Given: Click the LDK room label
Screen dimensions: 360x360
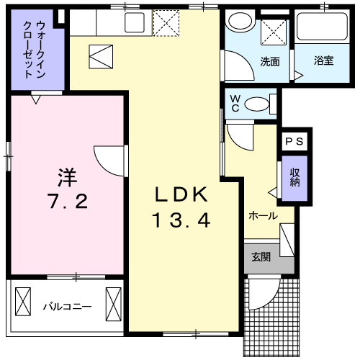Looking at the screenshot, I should pos(182,194).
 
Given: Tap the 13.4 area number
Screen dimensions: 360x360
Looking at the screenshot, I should pos(181,221).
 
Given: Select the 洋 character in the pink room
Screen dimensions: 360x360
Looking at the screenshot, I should pos(67,175).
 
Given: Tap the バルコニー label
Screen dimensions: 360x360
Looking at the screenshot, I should pos(66,307).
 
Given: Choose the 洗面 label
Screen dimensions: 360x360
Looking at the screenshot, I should pos(269,60).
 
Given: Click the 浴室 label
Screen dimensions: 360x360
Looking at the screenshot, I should pos(323,60).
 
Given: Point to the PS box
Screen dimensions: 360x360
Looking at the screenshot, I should pos(293,142).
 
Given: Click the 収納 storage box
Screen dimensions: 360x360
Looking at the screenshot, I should pos(294,177).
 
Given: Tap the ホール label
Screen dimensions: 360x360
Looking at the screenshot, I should pos(263,215).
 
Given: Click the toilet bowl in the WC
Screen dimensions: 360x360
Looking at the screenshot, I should pos(255,104).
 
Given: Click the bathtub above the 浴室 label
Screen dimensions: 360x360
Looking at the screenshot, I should pos(323,29).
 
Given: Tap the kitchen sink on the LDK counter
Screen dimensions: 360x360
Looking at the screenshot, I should pos(135,22).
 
